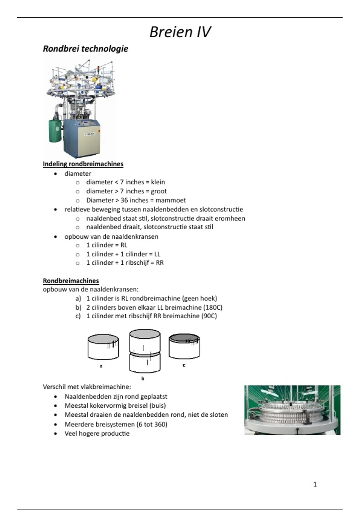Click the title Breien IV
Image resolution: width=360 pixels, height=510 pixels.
click(180, 32)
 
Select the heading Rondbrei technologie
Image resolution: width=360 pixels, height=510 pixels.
click(85, 49)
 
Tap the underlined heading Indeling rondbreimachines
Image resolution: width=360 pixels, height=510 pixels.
click(83, 164)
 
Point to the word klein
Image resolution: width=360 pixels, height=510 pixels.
click(158, 182)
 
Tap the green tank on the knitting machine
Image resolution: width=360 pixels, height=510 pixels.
click(55, 130)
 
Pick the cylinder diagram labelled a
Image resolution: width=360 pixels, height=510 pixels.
click(103, 347)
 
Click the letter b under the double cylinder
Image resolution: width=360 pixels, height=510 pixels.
click(143, 379)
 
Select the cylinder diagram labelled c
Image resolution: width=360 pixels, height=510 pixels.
click(184, 346)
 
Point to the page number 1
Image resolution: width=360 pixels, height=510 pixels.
click(315, 484)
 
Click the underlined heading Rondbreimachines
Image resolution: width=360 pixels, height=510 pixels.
click(71, 281)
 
